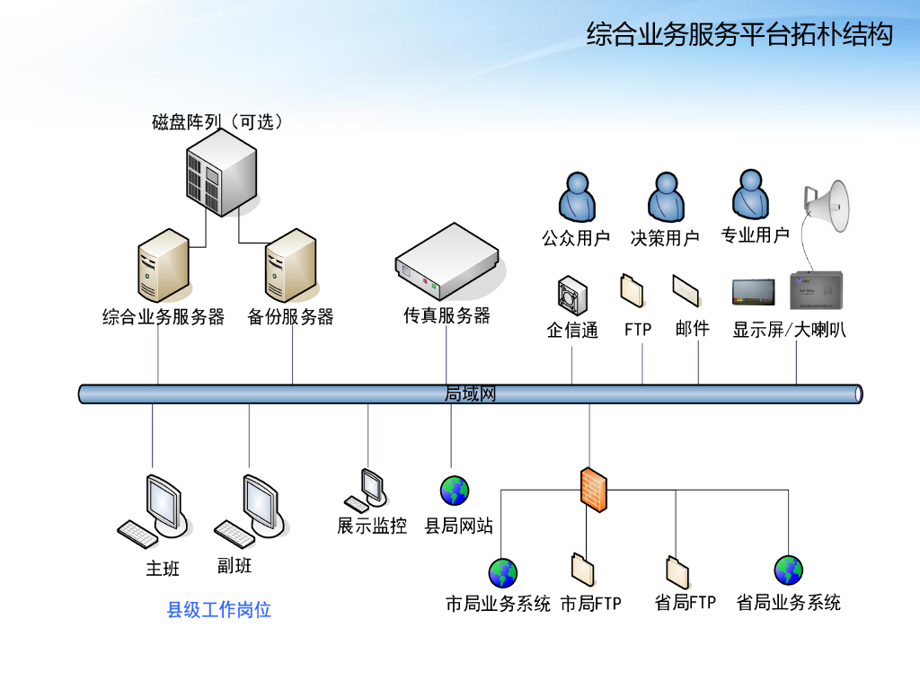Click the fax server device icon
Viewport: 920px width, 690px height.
446,263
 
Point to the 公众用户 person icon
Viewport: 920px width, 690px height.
576,198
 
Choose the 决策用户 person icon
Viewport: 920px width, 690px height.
665,198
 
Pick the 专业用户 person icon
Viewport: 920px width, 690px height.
751,195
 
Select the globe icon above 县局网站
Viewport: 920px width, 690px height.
455,491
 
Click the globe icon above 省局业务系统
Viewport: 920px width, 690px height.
788,570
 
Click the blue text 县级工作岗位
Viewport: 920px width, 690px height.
219,610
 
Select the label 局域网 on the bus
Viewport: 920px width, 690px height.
470,394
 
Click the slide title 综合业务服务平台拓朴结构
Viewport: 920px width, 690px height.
739,35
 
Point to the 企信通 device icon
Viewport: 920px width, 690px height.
571,294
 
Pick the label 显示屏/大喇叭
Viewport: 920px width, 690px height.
789,330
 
